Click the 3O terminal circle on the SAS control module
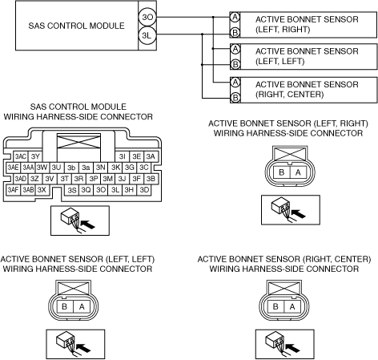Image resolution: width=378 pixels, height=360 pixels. point(147,17)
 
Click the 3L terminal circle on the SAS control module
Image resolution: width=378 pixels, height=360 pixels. point(147,34)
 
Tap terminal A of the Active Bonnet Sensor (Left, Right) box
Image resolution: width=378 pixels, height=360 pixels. point(235,17)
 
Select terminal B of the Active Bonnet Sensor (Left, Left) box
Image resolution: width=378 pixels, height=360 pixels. point(235,64)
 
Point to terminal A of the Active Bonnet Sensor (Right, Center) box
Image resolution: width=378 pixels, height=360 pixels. point(235,82)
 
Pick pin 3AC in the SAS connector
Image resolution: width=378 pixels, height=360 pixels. point(21,156)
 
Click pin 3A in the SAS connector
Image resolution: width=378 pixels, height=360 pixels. point(151,156)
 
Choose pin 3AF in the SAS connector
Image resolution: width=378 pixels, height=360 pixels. point(13,190)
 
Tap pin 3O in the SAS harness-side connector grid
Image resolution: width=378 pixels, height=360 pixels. point(101,190)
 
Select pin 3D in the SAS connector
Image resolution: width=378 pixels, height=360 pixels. point(144,190)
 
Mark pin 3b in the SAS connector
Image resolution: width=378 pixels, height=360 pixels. point(71,168)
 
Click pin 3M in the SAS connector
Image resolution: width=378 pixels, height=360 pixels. point(108,179)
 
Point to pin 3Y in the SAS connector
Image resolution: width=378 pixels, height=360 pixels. point(35,156)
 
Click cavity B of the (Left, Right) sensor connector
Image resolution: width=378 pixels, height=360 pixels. point(281,172)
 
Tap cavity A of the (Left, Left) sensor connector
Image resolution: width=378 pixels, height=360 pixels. point(82,306)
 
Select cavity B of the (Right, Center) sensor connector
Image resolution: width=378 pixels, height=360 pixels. point(275,306)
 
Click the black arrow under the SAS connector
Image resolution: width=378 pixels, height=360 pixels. point(88,224)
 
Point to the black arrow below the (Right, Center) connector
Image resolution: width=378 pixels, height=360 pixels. point(293,348)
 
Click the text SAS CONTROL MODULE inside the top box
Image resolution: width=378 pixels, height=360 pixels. point(77,26)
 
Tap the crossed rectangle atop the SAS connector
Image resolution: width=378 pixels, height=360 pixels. point(78,142)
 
